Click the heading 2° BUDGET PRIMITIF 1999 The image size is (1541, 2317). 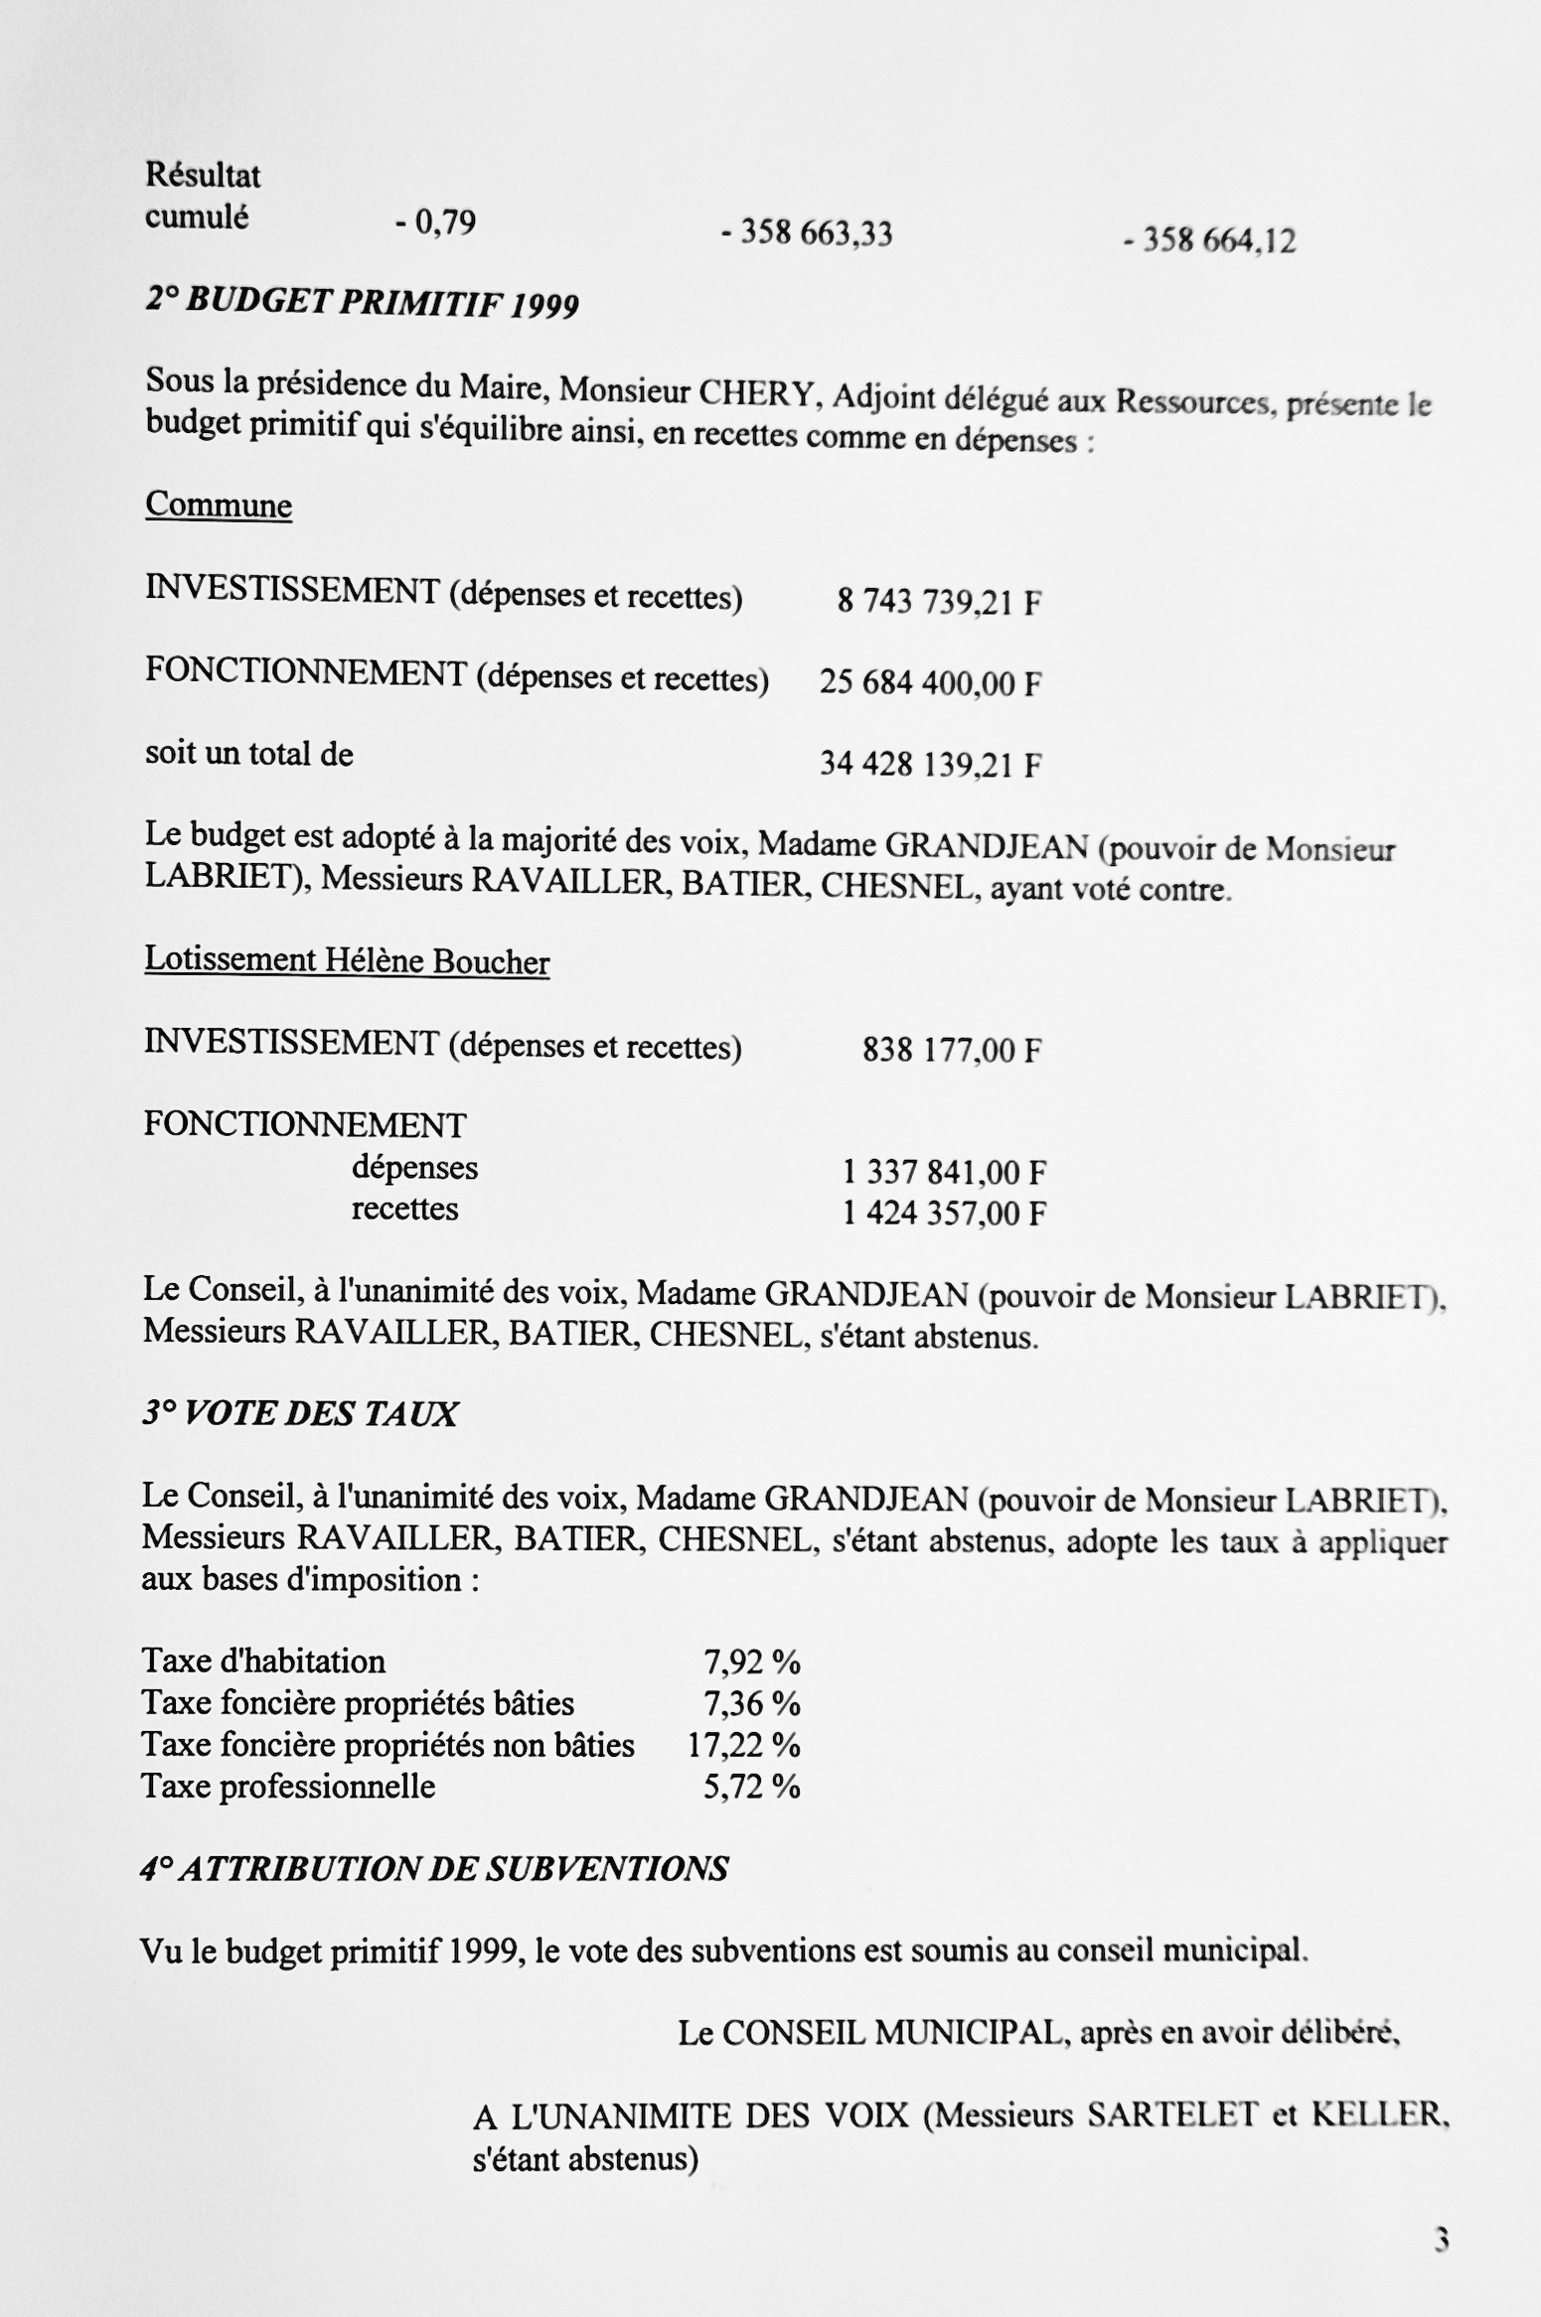pos(362,301)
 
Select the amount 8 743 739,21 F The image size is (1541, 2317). pos(939,602)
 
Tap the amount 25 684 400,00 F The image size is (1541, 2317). pos(930,683)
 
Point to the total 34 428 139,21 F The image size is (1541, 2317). pos(930,765)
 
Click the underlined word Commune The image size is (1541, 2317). pos(219,506)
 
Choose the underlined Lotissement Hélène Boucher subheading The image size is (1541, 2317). pos(347,960)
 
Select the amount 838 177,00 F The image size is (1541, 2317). pos(951,1050)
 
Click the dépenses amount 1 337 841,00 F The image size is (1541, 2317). pos(944,1173)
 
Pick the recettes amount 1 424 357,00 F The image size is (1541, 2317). pos(944,1214)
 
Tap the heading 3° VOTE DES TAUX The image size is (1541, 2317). pos(299,1413)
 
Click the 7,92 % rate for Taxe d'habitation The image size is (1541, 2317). pos(751,1662)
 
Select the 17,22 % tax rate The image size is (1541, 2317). pos(743,1745)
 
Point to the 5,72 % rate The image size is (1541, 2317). pos(751,1787)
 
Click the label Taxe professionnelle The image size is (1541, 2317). pos(288,1786)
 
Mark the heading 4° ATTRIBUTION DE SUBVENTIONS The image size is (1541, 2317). pos(434,1869)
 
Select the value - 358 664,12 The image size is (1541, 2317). pos(1209,240)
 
